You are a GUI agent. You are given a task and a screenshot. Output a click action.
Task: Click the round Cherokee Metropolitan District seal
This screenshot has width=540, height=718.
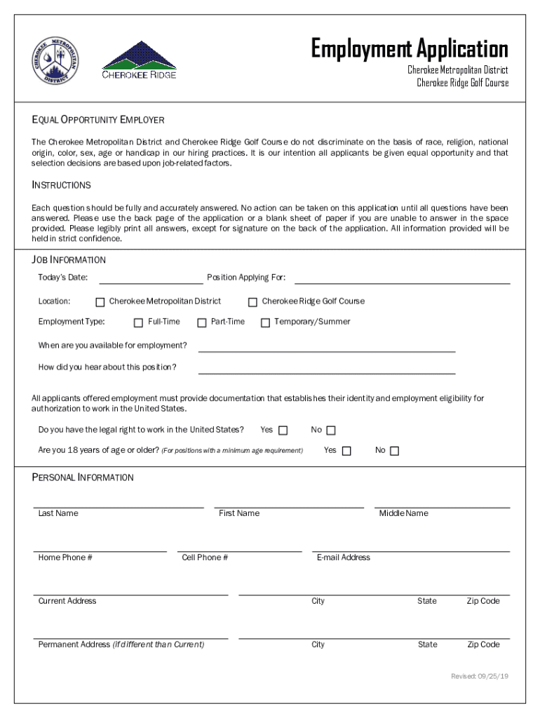tap(56, 61)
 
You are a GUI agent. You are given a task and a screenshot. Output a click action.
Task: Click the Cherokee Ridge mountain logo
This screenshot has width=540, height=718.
tap(140, 60)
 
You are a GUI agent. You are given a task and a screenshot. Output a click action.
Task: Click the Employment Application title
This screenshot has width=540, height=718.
tap(410, 49)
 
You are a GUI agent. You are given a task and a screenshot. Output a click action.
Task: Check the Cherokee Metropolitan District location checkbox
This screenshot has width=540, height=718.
tap(100, 302)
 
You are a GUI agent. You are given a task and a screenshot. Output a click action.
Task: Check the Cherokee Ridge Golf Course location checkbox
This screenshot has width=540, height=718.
tap(252, 302)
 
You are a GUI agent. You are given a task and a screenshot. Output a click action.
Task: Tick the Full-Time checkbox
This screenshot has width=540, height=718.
tap(139, 323)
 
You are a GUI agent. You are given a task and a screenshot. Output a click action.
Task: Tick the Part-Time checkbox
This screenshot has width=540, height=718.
tap(202, 323)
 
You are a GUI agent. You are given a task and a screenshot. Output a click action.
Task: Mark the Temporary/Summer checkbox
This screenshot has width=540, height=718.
tap(265, 323)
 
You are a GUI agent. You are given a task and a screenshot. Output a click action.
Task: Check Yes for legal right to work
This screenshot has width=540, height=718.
tap(283, 431)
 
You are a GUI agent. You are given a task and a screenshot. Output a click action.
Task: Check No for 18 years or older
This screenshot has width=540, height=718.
tap(394, 451)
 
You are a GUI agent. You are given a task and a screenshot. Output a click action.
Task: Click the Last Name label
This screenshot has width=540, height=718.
tap(58, 513)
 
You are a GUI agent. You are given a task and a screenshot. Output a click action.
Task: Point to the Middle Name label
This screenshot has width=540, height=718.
tap(403, 513)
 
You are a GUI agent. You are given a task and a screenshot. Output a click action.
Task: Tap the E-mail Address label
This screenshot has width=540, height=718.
tap(344, 557)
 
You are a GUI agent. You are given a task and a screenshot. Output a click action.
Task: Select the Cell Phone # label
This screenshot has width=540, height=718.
tap(205, 557)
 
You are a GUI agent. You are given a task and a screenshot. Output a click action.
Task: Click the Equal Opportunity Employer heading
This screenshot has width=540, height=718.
tap(98, 120)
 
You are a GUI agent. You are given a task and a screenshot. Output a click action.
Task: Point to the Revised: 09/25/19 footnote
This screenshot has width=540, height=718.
tap(480, 676)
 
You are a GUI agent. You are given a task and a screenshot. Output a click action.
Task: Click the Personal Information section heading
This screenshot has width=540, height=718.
tap(83, 477)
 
